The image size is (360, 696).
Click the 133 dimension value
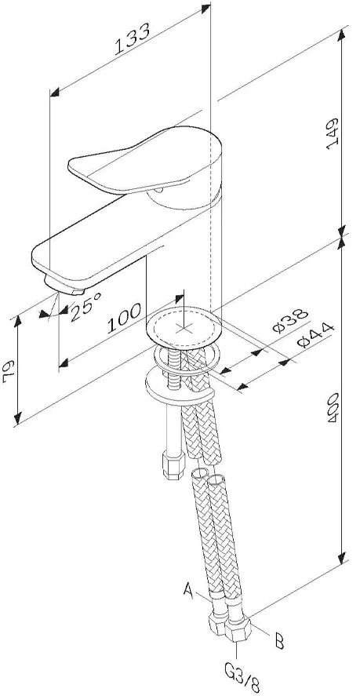pos(132,39)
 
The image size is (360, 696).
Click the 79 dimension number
pos(9,372)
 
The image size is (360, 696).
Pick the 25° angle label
pos(85,306)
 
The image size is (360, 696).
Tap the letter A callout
pos(189,591)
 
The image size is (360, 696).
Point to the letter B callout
pos(279,641)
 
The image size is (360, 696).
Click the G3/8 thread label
pos(242,680)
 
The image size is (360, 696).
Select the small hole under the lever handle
pos(159,190)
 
